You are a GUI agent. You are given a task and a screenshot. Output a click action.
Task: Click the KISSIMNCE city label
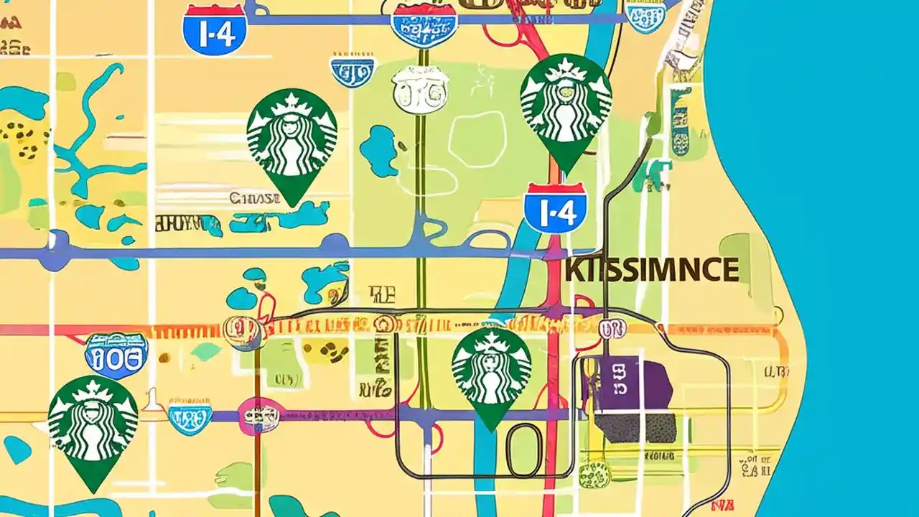click(x=651, y=270)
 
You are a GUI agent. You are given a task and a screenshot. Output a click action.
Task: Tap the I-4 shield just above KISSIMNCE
click(x=555, y=208)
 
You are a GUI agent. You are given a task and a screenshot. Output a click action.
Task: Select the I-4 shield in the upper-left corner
click(x=215, y=29)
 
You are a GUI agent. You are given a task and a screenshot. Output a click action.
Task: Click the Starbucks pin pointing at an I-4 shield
click(x=566, y=108)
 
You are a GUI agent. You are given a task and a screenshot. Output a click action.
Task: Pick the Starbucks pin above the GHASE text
click(x=291, y=141)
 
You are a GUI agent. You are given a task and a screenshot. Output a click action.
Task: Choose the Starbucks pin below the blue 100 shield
click(x=93, y=427)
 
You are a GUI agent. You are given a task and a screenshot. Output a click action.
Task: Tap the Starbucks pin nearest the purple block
click(x=492, y=373)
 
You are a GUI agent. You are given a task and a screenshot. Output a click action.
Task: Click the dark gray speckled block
click(x=636, y=428)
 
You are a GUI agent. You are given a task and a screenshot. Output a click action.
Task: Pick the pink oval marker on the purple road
click(x=259, y=415)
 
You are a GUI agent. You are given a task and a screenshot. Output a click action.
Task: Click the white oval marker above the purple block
click(x=612, y=329)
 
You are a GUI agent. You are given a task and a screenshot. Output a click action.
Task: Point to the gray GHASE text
click(x=254, y=197)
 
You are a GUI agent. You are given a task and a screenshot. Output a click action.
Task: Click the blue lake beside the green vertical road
click(x=378, y=149)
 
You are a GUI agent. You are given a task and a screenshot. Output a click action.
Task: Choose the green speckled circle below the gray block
click(x=594, y=473)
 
